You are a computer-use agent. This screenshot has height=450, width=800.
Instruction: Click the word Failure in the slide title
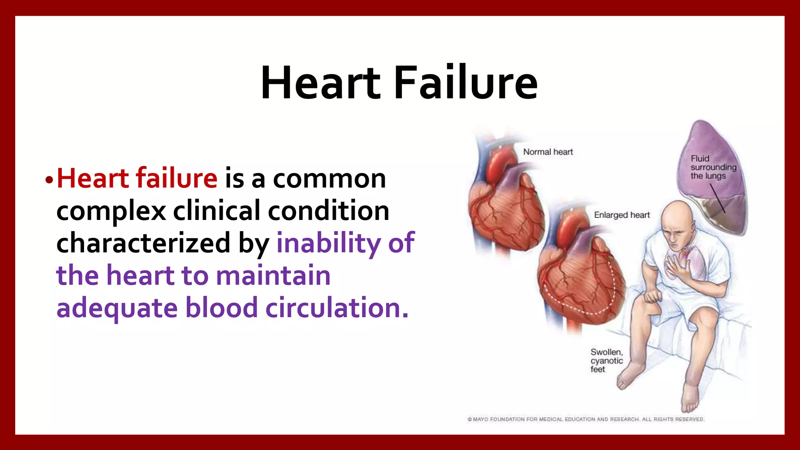tap(466, 83)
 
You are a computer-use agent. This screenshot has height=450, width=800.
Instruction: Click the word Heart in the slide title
tap(320, 83)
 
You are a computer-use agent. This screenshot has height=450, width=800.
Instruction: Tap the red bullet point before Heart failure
tap(49, 180)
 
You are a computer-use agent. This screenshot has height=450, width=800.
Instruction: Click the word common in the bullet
tap(329, 179)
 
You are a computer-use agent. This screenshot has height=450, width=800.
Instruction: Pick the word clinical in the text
tap(216, 211)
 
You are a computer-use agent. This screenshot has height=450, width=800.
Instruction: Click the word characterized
tap(143, 243)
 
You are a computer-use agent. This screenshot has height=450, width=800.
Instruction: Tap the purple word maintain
tap(273, 275)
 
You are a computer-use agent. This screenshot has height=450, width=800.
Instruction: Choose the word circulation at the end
tap(336, 308)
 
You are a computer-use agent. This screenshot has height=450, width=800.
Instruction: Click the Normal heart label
tap(548, 152)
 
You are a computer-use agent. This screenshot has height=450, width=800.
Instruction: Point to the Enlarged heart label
tap(621, 215)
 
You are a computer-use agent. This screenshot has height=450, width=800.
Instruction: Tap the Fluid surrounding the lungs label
tap(713, 167)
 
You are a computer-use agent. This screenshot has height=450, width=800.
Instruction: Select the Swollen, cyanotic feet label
tap(606, 361)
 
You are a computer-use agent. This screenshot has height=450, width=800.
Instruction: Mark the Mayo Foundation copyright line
tap(586, 419)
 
